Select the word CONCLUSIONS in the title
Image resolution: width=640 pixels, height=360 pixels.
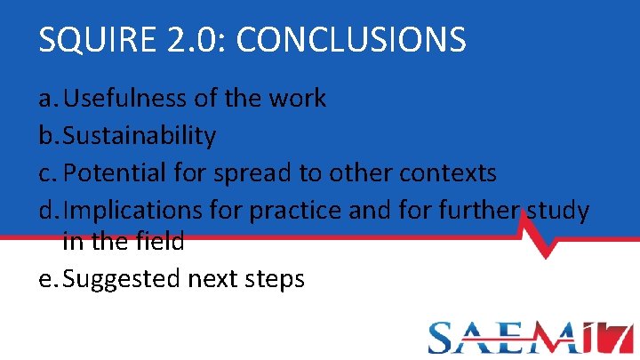tap(351, 40)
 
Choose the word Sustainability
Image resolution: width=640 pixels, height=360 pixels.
tap(140, 135)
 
